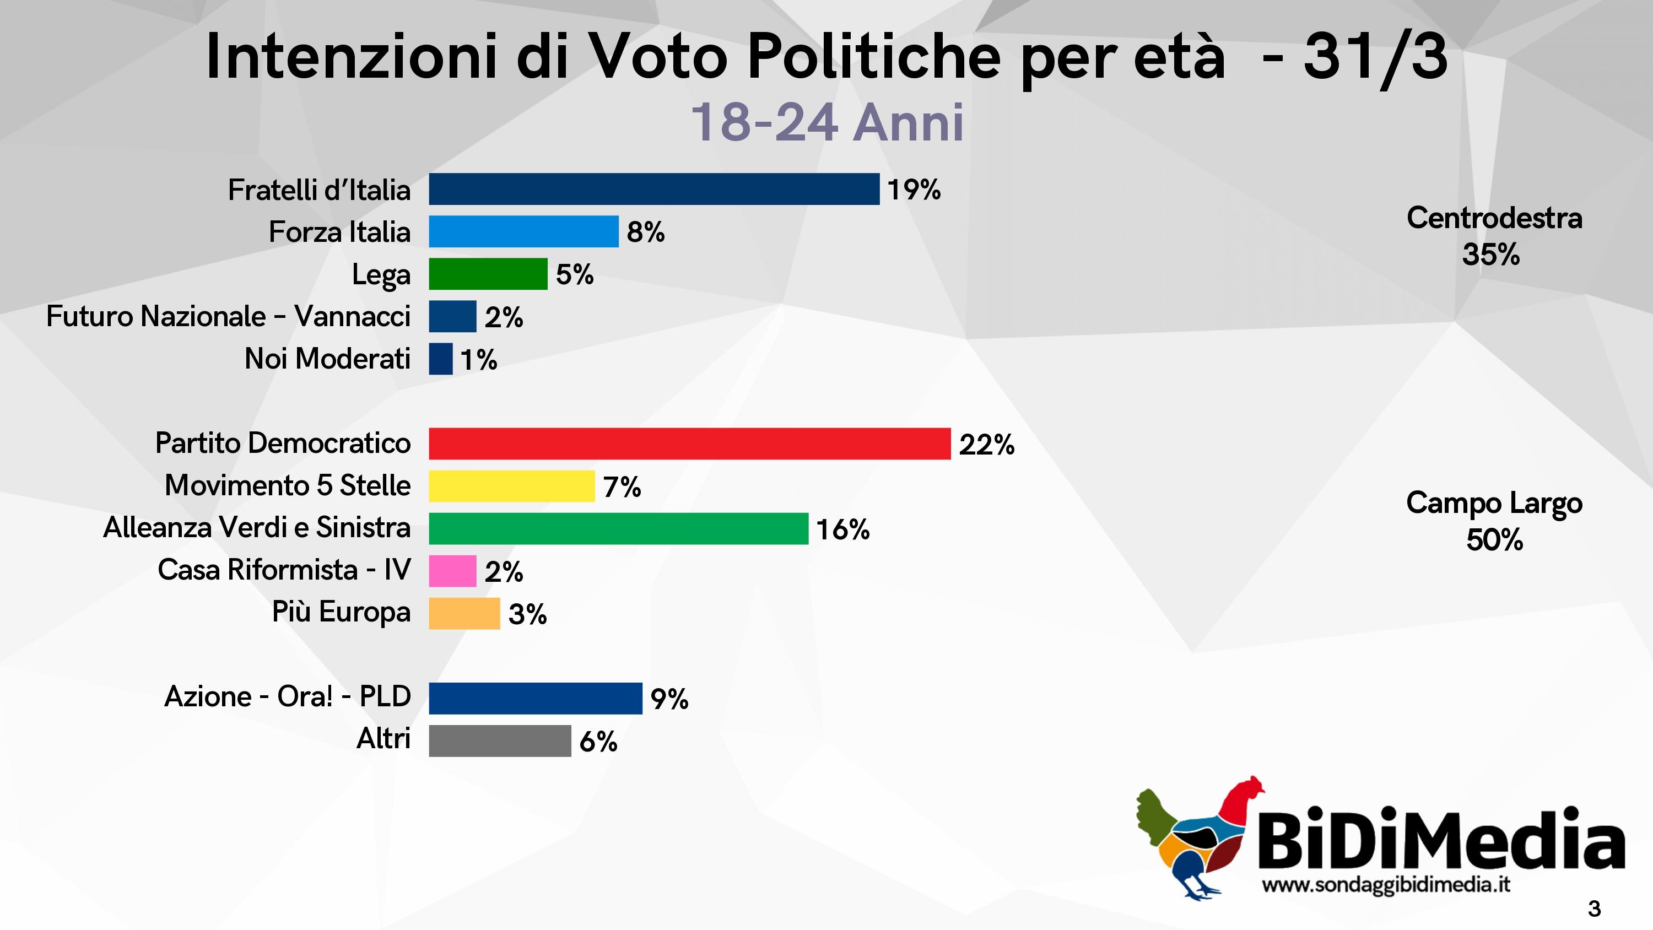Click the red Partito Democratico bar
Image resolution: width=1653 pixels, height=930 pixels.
pyautogui.click(x=689, y=444)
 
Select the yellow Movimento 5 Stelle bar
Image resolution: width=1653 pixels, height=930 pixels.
pyautogui.click(x=511, y=486)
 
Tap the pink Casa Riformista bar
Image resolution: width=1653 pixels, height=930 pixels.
pyautogui.click(x=452, y=571)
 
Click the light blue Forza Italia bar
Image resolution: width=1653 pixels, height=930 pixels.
pyautogui.click(x=523, y=232)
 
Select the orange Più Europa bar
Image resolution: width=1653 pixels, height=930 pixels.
pyautogui.click(x=464, y=613)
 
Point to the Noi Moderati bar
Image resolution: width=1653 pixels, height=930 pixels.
pyautogui.click(x=440, y=359)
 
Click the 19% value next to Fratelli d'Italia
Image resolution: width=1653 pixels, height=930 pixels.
pyautogui.click(x=914, y=190)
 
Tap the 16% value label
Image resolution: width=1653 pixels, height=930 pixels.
pyautogui.click(x=842, y=529)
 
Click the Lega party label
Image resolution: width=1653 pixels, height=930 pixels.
pyautogui.click(x=381, y=275)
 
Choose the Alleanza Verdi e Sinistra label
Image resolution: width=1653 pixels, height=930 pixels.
pyautogui.click(x=257, y=528)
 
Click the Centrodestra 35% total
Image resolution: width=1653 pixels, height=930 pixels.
pyautogui.click(x=1494, y=236)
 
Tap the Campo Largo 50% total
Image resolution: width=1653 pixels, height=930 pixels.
pyautogui.click(x=1494, y=521)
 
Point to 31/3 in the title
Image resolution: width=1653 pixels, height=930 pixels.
pyautogui.click(x=1375, y=58)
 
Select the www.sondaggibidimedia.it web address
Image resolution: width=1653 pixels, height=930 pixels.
pyautogui.click(x=1385, y=885)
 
